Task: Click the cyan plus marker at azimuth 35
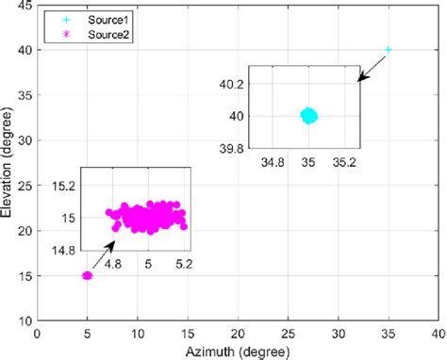pyautogui.click(x=388, y=49)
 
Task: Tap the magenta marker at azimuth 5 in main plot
pyautogui.click(x=88, y=276)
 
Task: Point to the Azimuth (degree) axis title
pyautogui.click(x=237, y=352)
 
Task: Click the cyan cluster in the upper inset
pyautogui.click(x=308, y=115)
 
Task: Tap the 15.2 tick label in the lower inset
pyautogui.click(x=64, y=186)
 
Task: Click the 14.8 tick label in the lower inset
pyautogui.click(x=64, y=250)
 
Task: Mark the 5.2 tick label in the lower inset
pyautogui.click(x=183, y=265)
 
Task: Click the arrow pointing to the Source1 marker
pyautogui.click(x=372, y=64)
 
